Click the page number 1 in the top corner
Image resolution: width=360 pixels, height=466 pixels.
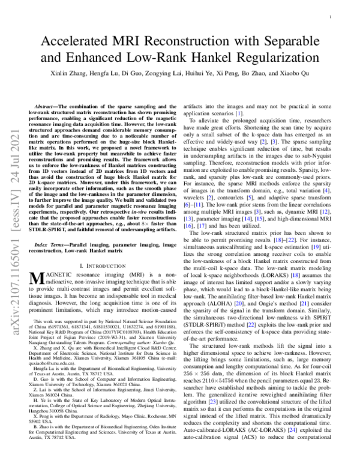click(x=340, y=18)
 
